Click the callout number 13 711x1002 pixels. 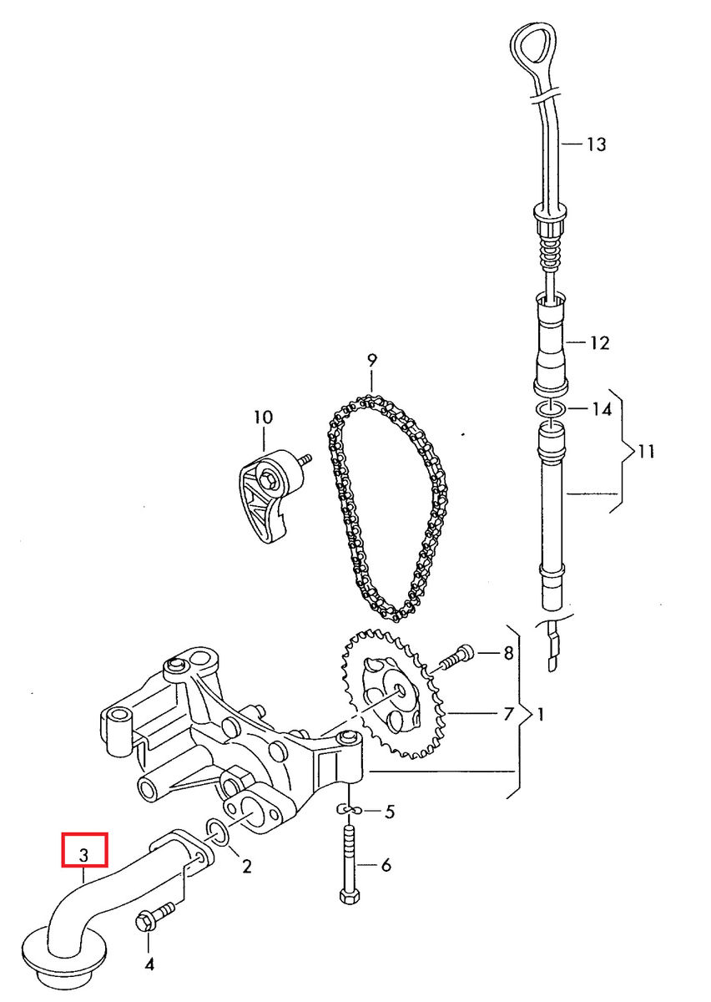(x=595, y=144)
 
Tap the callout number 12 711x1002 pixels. (x=598, y=342)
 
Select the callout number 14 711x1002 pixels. (x=601, y=409)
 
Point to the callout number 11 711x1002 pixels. (x=645, y=452)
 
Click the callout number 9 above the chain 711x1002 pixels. (x=371, y=361)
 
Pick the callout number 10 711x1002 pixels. (x=263, y=417)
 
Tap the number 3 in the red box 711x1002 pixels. (x=83, y=855)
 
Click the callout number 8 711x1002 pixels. (x=507, y=654)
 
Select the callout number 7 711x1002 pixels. (x=507, y=714)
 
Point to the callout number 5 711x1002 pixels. (x=388, y=812)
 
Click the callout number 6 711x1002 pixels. (x=386, y=866)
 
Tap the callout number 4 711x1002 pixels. (x=149, y=965)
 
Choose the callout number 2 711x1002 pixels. (x=246, y=866)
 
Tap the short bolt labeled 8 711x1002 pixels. (x=454, y=656)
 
